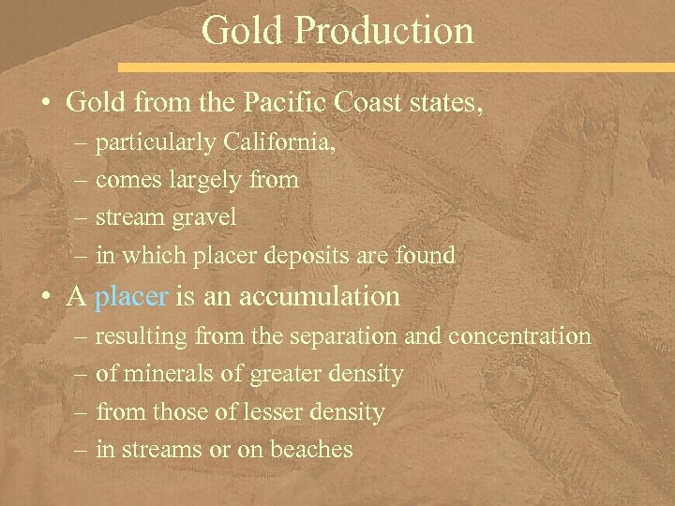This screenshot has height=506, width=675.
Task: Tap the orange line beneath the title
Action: [x=394, y=67]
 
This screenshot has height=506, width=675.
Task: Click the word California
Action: [x=278, y=142]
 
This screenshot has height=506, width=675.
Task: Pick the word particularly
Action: [x=155, y=142]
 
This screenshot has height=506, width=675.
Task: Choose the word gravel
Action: [x=202, y=217]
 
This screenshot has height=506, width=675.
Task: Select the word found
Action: [x=426, y=255]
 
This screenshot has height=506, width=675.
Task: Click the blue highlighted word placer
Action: [x=132, y=297]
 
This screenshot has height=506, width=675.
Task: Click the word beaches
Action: [x=311, y=449]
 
